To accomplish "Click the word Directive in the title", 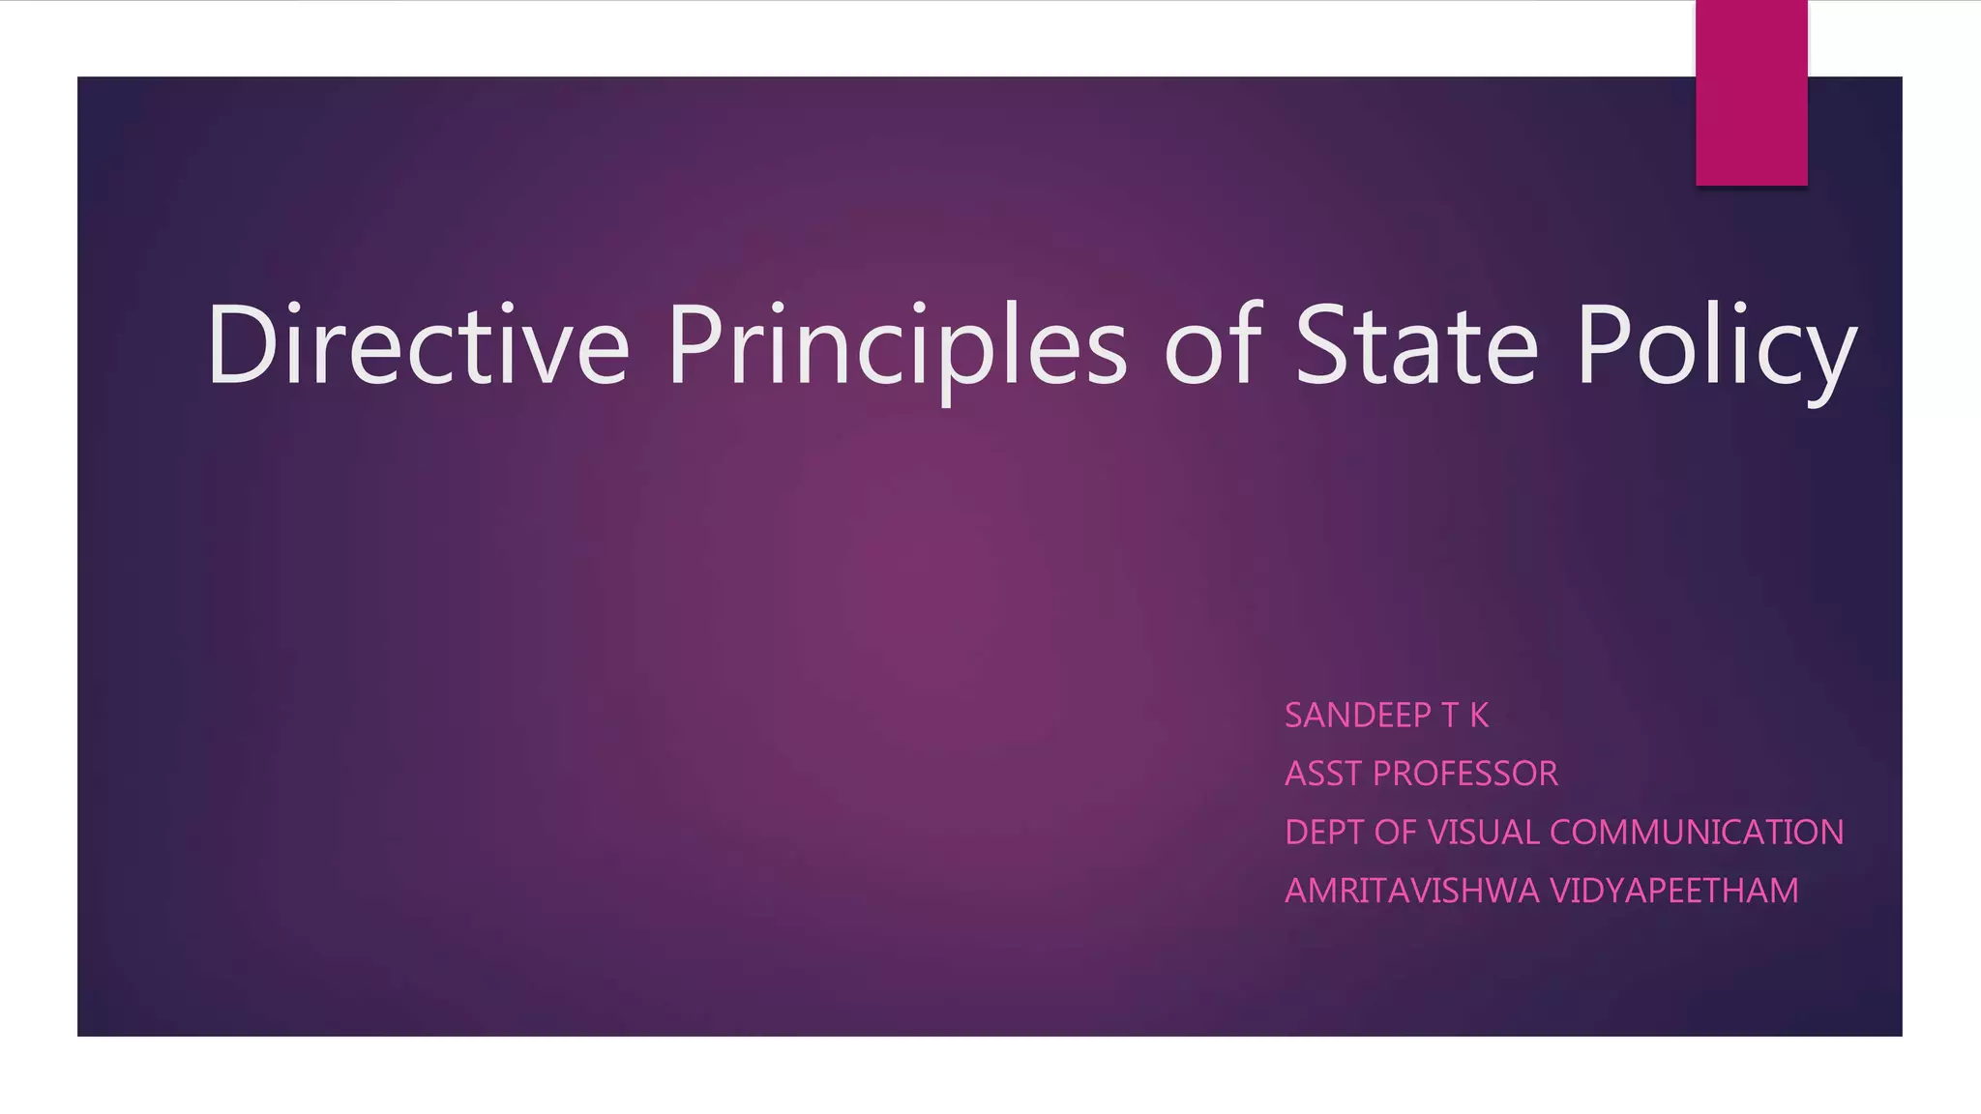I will pyautogui.click(x=418, y=345).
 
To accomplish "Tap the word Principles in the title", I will pyautogui.click(x=897, y=345).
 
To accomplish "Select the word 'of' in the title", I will pyautogui.click(x=1213, y=345).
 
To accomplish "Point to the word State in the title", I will pyautogui.click(x=1416, y=345).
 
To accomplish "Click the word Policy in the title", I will pyautogui.click(x=1716, y=345).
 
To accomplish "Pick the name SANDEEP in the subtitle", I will pyautogui.click(x=1357, y=716).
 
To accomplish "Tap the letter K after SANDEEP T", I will pyautogui.click(x=1479, y=716).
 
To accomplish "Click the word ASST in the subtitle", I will pyautogui.click(x=1322, y=774).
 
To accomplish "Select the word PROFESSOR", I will pyautogui.click(x=1464, y=774).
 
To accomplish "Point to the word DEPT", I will pyautogui.click(x=1324, y=833).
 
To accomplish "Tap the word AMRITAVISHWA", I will pyautogui.click(x=1411, y=891).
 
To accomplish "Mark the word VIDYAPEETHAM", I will pyautogui.click(x=1673, y=891).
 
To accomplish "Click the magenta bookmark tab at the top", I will pyautogui.click(x=1751, y=93).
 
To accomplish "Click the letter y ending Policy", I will pyautogui.click(x=1831, y=358).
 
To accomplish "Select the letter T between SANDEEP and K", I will pyautogui.click(x=1449, y=716).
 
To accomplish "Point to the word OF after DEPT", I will pyautogui.click(x=1396, y=833).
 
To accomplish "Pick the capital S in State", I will pyautogui.click(x=1323, y=345).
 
